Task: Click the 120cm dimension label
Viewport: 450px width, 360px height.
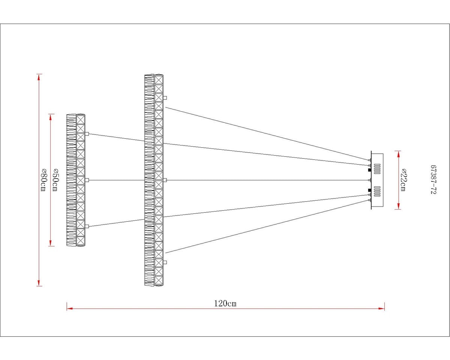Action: coord(225,303)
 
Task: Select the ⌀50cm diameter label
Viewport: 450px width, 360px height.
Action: coord(55,180)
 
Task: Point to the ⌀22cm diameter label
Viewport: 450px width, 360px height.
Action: coord(403,180)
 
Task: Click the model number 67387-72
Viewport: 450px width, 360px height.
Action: coord(433,180)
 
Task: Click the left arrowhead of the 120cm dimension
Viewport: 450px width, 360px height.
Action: coord(70,309)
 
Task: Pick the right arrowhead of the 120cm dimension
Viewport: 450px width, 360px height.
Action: coord(382,309)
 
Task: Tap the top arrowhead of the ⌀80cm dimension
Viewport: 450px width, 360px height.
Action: coord(39,77)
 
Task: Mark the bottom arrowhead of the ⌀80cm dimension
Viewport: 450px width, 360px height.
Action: coord(39,283)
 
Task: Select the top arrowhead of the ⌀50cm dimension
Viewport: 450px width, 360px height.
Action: coord(50,117)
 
